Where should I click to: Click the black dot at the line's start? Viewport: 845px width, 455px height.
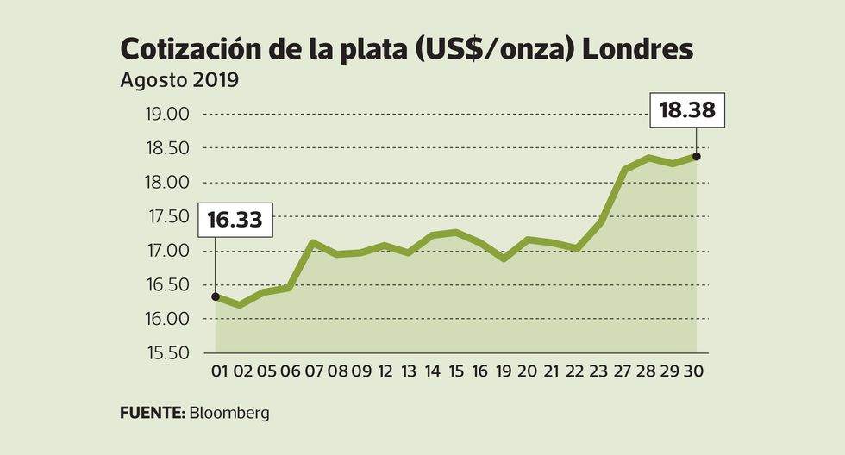pyautogui.click(x=216, y=296)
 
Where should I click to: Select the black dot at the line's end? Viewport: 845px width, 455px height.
pyautogui.click(x=696, y=157)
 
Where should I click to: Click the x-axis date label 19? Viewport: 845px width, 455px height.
pyautogui.click(x=504, y=372)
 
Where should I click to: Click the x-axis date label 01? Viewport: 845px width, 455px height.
pyautogui.click(x=219, y=372)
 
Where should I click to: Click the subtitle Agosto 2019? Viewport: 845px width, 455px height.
pyautogui.click(x=179, y=82)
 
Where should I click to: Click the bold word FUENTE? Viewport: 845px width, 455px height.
pyautogui.click(x=152, y=413)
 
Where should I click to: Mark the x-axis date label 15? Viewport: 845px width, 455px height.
pyautogui.click(x=457, y=372)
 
